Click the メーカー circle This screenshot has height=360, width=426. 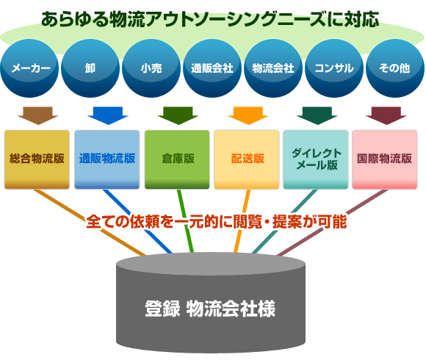pyautogui.click(x=29, y=68)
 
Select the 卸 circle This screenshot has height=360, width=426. pyautogui.click(x=90, y=68)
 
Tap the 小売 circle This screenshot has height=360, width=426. pyautogui.click(x=151, y=68)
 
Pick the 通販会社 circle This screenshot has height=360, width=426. pyautogui.click(x=212, y=68)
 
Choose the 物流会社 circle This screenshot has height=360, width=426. pyautogui.click(x=273, y=68)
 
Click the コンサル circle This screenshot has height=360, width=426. pyautogui.click(x=334, y=68)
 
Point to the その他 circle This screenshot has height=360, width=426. pyautogui.click(x=395, y=68)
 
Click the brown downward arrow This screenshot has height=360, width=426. pyautogui.click(x=37, y=115)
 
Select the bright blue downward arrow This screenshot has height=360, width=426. pyautogui.click(x=108, y=115)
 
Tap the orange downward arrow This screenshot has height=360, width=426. pyautogui.click(x=248, y=115)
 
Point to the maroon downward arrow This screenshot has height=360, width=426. pyautogui.click(x=386, y=115)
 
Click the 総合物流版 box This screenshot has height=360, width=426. pyautogui.click(x=37, y=159)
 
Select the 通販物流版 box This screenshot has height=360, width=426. pyautogui.click(x=107, y=159)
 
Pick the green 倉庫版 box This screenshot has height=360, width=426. pyautogui.click(x=177, y=159)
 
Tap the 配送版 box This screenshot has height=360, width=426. pyautogui.click(x=247, y=159)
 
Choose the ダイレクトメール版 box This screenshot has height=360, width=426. pyautogui.click(x=316, y=159)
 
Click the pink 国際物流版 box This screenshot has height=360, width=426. pyautogui.click(x=385, y=159)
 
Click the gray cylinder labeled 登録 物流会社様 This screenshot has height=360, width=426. pyautogui.click(x=211, y=303)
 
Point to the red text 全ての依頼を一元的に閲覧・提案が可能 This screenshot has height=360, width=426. pyautogui.click(x=217, y=222)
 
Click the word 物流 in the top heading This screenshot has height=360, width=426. pyautogui.click(x=127, y=20)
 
